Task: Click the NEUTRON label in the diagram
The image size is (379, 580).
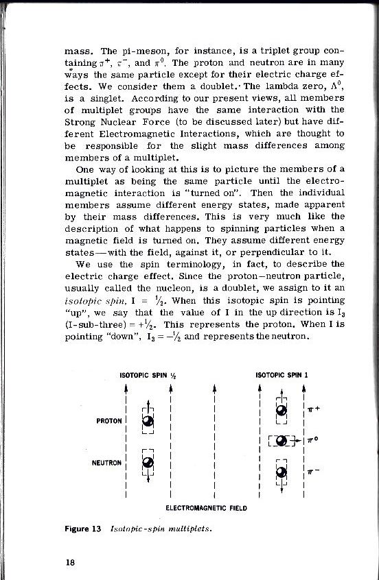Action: coord(108,462)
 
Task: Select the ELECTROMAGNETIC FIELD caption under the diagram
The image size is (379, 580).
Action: coord(206,508)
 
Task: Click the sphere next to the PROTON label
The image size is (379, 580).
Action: coord(147,421)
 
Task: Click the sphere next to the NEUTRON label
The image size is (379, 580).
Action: coord(147,463)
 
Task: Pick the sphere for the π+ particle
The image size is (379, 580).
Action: coord(281,411)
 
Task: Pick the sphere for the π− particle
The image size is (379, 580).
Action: coord(281,471)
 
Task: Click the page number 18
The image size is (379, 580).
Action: coord(62,561)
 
